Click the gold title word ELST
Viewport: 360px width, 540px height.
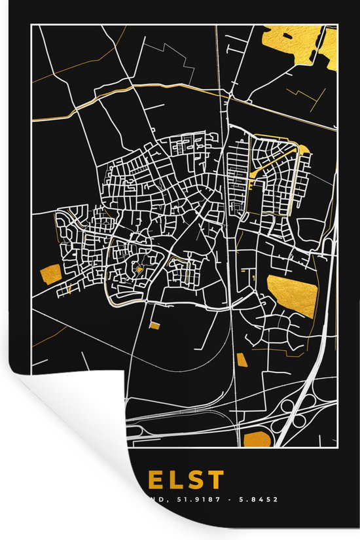[x=185, y=480]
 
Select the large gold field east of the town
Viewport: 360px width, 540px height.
[x=292, y=295]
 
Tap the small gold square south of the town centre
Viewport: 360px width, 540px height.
[x=154, y=325]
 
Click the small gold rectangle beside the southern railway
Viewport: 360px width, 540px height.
[x=242, y=359]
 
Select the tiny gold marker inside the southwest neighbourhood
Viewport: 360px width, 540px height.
[x=139, y=268]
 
